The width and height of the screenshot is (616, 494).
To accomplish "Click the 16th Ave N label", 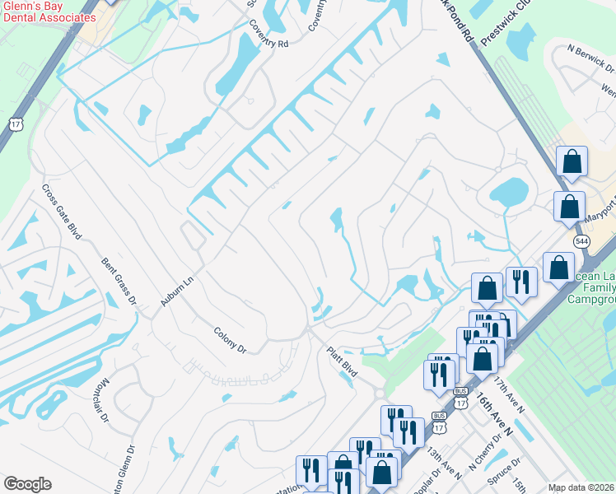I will tap(493, 415).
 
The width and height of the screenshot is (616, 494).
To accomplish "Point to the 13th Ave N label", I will tap(444, 464).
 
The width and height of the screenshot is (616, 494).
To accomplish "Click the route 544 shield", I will tap(581, 239).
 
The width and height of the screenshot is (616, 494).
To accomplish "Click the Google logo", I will tap(27, 484).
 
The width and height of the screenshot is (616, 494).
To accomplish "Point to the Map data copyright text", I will tap(581, 487).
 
